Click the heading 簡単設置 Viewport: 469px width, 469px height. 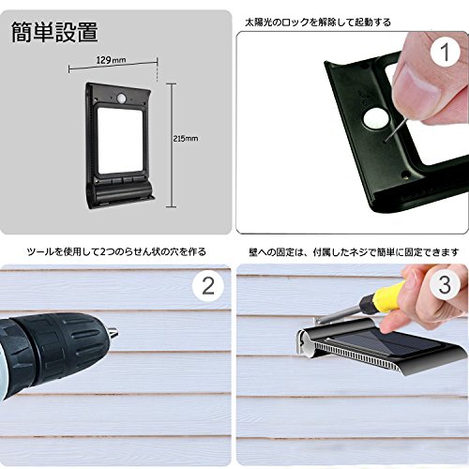[x=54, y=32]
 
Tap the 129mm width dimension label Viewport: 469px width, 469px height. [x=112, y=59]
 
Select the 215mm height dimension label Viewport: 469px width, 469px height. [x=186, y=138]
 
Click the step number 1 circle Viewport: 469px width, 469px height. [x=445, y=52]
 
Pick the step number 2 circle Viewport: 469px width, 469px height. [x=208, y=286]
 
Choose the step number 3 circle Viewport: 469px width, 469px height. [x=445, y=284]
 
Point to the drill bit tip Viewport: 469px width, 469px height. [x=118, y=333]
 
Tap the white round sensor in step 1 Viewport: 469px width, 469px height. [x=376, y=120]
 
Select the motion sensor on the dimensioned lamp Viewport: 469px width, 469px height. [x=122, y=98]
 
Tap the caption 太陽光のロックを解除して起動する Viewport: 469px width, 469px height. [x=318, y=23]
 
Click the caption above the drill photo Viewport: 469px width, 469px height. [x=116, y=251]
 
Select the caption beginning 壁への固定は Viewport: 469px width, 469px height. [x=354, y=252]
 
